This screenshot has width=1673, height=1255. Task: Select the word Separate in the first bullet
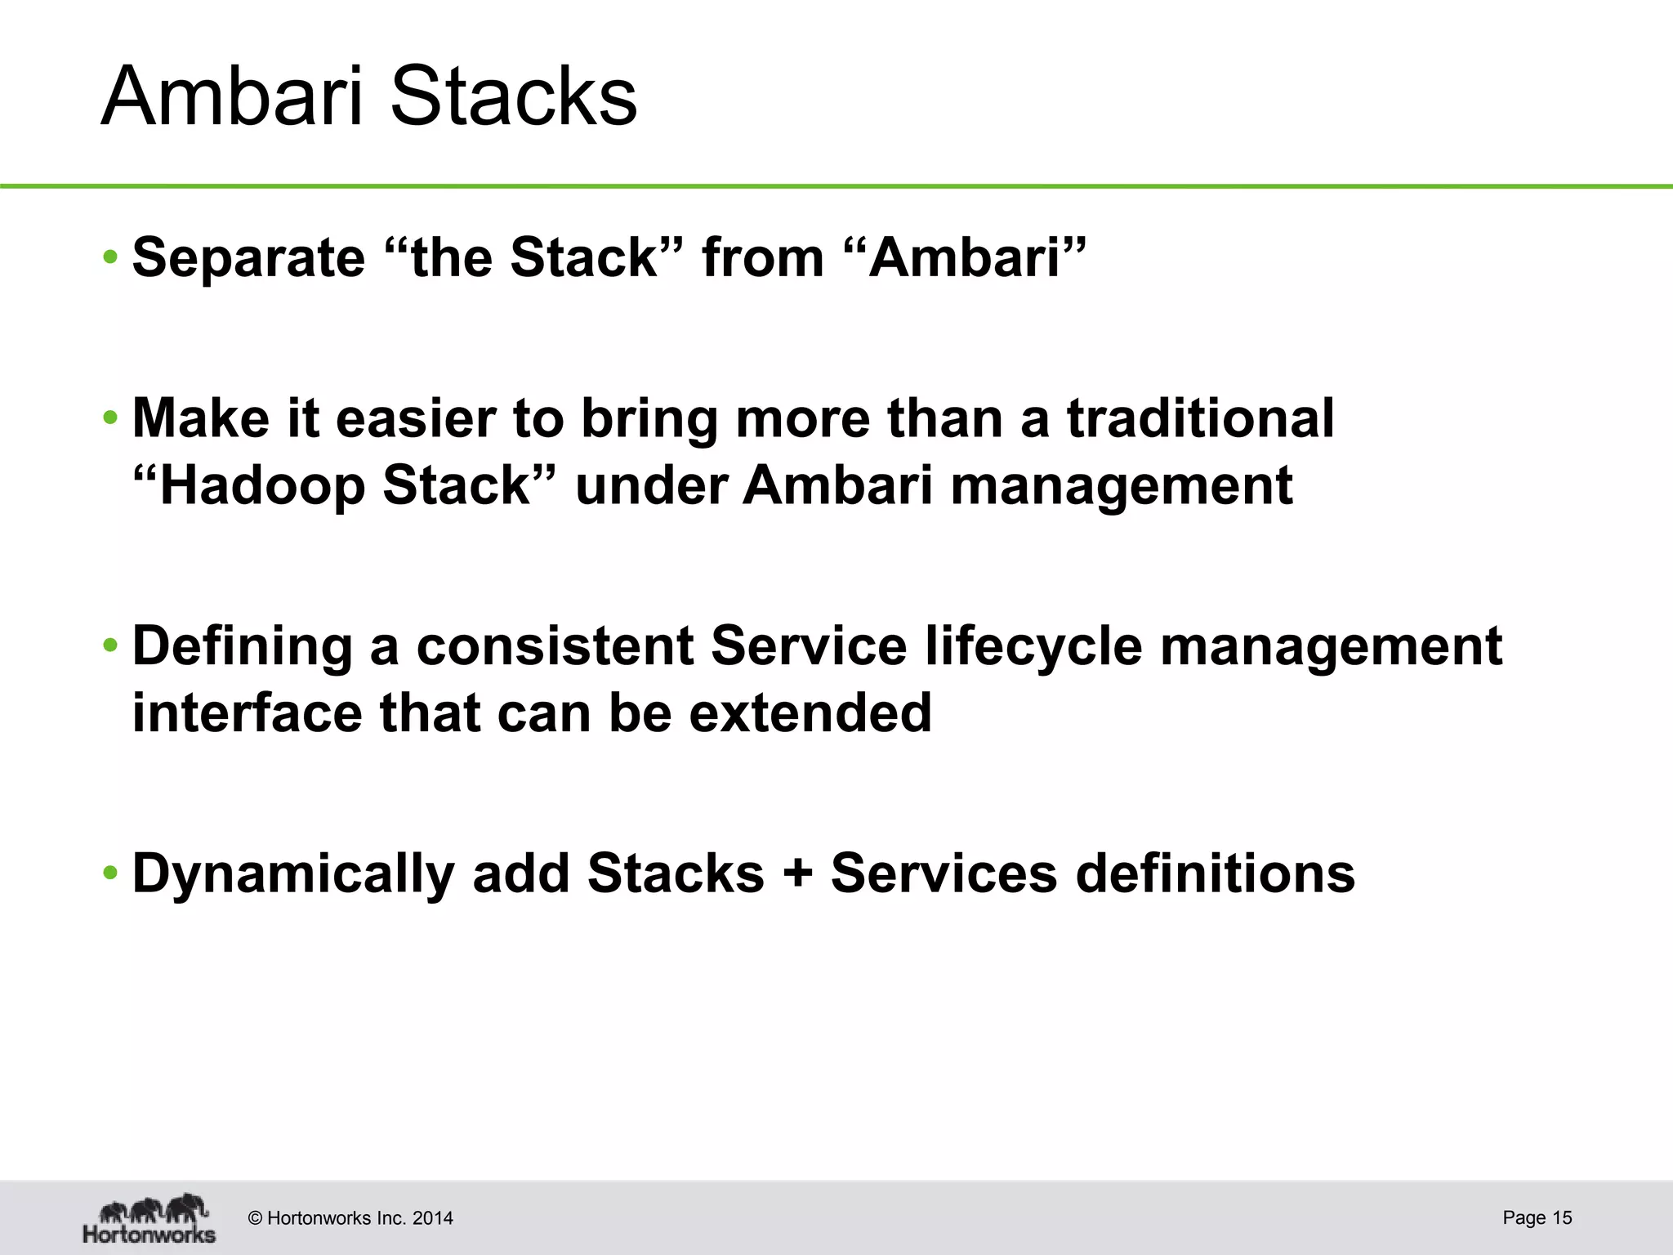click(x=248, y=258)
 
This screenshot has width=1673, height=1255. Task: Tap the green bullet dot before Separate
click(x=110, y=259)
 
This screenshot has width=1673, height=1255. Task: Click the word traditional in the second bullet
click(x=1200, y=418)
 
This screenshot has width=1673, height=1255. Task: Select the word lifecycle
click(x=1033, y=646)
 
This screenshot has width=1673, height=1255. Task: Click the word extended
click(x=810, y=713)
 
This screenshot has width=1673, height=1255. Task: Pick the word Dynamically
click(x=292, y=874)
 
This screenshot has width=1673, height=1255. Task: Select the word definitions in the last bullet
click(x=1215, y=874)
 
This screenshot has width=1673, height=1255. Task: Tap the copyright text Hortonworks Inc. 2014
click(x=350, y=1218)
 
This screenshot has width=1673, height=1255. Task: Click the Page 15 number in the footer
click(x=1537, y=1217)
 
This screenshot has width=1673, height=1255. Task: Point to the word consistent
click(x=555, y=646)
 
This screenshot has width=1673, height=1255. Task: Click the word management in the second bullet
click(x=1121, y=485)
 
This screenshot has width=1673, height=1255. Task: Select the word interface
click(x=247, y=713)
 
